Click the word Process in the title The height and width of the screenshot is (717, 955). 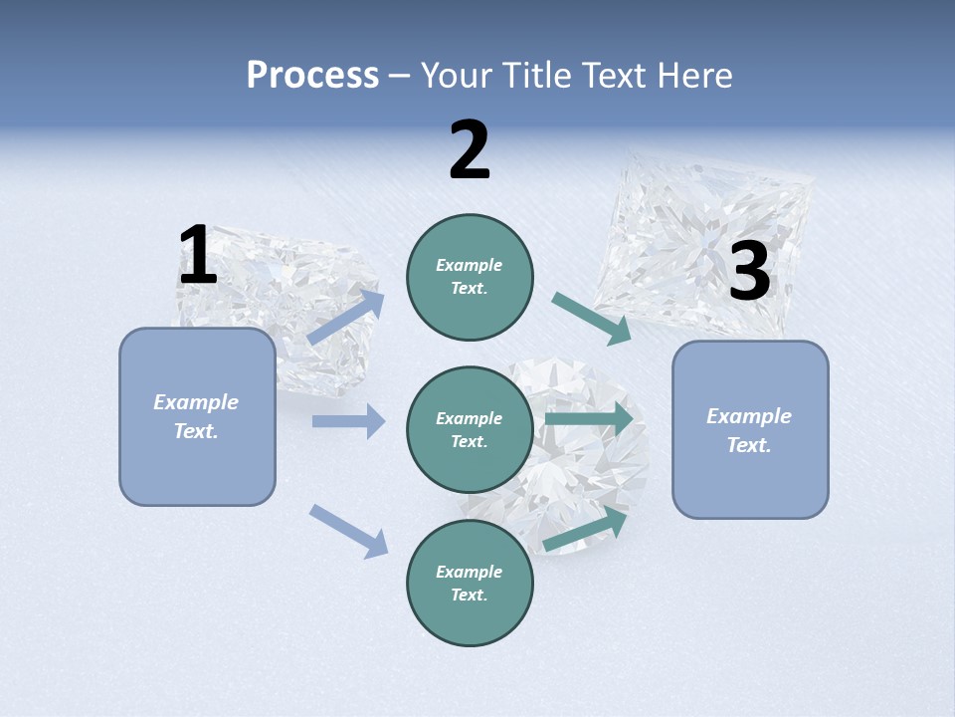click(312, 76)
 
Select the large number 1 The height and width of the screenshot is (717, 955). click(198, 256)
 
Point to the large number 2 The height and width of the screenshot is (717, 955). click(470, 150)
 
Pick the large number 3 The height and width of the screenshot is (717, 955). click(750, 272)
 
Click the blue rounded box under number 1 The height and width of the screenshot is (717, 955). click(197, 416)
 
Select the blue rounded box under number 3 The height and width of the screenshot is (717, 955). click(750, 430)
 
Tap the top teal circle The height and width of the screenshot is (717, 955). click(470, 277)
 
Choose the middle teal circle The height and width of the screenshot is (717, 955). click(470, 430)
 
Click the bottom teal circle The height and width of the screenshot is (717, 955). click(470, 584)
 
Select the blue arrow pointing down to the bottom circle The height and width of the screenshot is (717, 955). click(348, 531)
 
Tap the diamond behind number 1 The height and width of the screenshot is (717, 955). click(288, 299)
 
